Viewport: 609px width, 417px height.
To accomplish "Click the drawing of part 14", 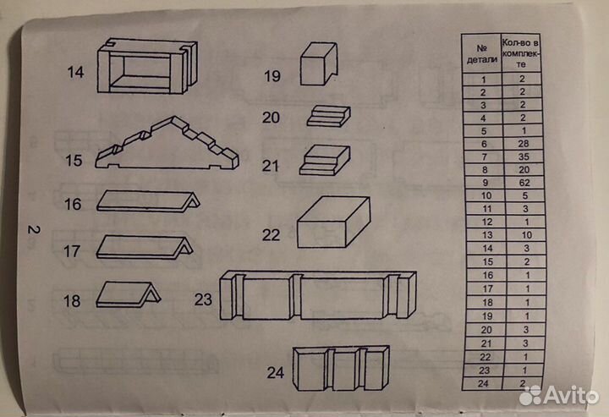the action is pos(147,66).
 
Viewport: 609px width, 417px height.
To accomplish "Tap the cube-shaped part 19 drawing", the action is pos(319,63).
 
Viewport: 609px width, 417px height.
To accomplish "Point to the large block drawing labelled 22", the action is pos(333,222).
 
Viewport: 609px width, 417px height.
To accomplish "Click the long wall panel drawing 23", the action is pos(318,295).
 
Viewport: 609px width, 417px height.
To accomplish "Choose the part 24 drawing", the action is pos(341,368).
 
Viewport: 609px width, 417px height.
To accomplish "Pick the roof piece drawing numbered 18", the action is pos(129,294).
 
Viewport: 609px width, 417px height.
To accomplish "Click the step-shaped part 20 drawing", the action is pos(328,116).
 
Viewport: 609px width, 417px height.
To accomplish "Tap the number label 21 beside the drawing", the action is pos(271,166).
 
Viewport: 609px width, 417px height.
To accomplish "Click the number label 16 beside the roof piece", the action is pos(73,204).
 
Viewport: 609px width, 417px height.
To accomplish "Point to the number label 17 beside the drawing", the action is pos(72,251).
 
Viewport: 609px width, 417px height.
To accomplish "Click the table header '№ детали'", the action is pos(481,53).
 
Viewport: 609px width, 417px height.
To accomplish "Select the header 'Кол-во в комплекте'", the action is pos(520,52).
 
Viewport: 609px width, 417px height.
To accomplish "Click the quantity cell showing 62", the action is pos(524,183).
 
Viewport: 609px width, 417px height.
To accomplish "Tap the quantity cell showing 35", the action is pos(524,156).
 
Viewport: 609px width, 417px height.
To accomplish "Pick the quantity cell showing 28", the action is pos(524,144).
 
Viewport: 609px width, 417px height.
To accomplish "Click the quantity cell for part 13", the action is pos(526,235).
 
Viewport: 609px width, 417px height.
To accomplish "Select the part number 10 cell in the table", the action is pos(486,195).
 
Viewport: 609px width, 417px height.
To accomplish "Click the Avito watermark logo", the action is pos(558,395).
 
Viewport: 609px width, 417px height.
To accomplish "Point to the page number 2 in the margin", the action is pos(33,229).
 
